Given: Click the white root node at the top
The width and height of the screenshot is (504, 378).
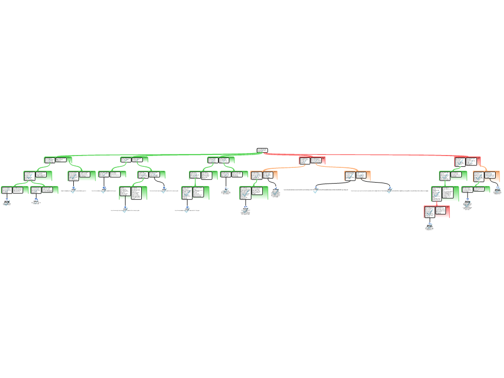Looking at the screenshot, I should tap(262, 150).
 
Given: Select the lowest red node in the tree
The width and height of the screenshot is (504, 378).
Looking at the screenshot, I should tap(437, 212).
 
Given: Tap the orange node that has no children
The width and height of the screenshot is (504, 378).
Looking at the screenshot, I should tap(357, 176).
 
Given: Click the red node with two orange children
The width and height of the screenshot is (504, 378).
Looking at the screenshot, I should tap(312, 160).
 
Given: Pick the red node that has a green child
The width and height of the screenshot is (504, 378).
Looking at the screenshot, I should tap(467, 161).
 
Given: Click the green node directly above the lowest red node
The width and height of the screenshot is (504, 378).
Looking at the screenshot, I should tap(445, 193).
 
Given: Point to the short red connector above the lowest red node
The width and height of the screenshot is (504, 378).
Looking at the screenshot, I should tap(437, 203).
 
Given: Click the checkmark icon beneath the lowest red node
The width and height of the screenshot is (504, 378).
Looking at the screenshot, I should tap(430, 226).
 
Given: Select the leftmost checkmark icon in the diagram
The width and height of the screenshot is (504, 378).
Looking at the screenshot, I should tap(7, 203).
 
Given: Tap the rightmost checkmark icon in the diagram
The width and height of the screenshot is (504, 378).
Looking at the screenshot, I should tap(498, 189).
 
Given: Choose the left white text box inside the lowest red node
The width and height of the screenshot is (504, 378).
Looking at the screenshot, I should tap(429, 212).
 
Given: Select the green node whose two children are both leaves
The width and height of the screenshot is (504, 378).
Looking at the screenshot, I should tap(38, 175).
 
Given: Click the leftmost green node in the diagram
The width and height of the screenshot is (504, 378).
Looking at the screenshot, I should tap(15, 190).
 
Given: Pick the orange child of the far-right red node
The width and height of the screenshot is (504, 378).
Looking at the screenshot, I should tap(486, 176).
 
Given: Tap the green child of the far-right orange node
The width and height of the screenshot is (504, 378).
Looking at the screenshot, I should tap(475, 189).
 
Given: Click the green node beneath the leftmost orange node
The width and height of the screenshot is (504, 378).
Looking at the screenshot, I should tap(254, 192).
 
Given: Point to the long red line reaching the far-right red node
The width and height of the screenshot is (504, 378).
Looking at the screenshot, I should tap(374, 155).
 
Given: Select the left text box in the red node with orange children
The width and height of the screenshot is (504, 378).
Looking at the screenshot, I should tap(304, 160).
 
